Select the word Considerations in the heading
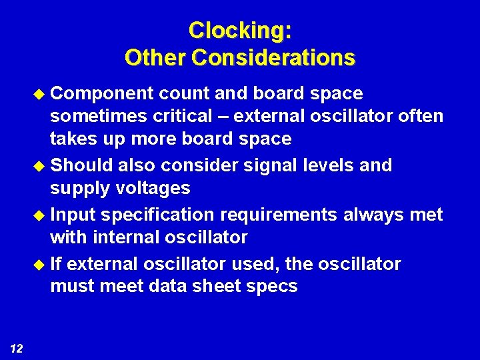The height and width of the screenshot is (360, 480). tap(273, 58)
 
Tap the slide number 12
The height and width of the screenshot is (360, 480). tap(17, 347)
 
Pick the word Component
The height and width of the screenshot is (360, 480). tap(102, 93)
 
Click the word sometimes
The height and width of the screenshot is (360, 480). tap(101, 116)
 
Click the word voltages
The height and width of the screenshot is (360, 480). tap(156, 188)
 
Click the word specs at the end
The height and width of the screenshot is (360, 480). tap(273, 287)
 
